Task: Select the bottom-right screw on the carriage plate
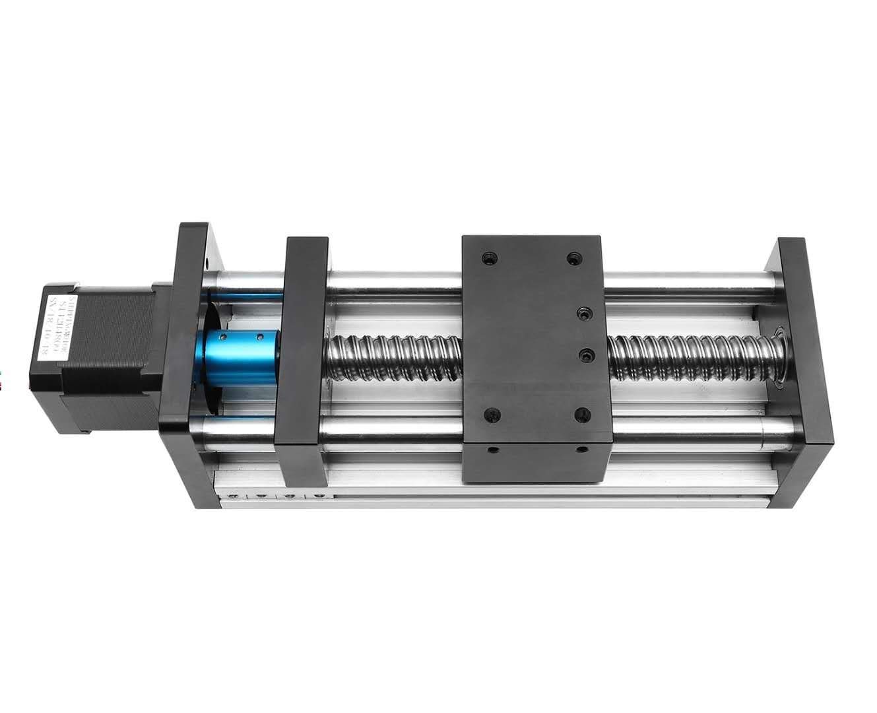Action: click(580, 415)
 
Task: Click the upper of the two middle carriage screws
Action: click(583, 312)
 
